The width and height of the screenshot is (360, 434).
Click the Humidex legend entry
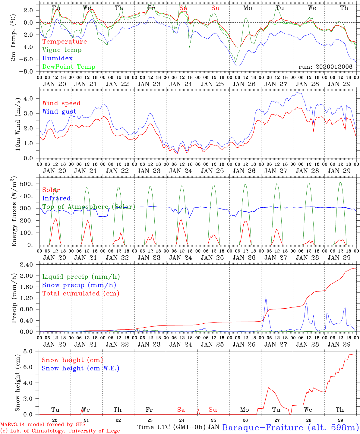point(57,58)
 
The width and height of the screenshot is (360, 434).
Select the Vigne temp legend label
point(62,50)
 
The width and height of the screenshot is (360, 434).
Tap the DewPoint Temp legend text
point(69,67)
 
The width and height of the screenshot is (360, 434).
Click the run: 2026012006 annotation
point(325,67)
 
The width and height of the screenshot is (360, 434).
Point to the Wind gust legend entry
point(59,112)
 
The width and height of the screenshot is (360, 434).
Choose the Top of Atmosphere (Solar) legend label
point(88,207)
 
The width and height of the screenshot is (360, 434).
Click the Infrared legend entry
point(56,198)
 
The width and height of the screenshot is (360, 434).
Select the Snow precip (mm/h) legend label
point(79,285)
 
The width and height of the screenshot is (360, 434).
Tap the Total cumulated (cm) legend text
point(81,293)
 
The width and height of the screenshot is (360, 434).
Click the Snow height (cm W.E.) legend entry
point(80,368)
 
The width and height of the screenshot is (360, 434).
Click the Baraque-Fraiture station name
point(290,427)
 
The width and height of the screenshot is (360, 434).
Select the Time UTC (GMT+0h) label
point(172,427)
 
